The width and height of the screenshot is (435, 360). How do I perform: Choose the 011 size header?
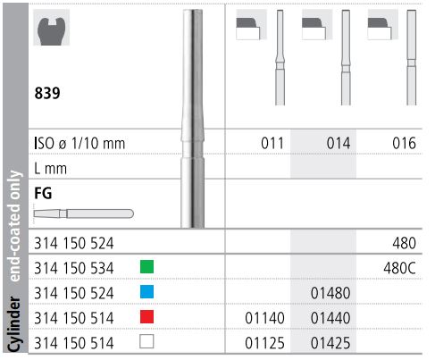[x=269, y=142]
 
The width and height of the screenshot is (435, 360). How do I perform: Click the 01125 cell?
[x=264, y=340]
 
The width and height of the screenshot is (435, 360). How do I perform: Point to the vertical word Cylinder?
[x=15, y=326]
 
